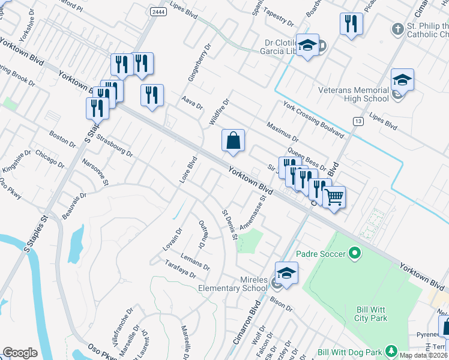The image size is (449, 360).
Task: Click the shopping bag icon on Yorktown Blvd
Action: tap(233, 141)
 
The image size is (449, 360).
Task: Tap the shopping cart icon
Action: tap(334, 197)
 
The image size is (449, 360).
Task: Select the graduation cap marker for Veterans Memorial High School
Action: tap(402, 80)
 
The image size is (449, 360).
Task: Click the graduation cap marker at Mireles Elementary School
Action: tap(287, 272)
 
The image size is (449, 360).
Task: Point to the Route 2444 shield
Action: tap(159, 11)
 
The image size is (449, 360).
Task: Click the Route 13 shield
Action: tap(358, 121)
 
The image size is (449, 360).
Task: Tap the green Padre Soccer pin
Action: tap(354, 254)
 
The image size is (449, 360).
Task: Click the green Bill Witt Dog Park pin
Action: tap(391, 350)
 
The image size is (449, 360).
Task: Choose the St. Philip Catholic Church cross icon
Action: tap(397, 29)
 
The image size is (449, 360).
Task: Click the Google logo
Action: tap(20, 352)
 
